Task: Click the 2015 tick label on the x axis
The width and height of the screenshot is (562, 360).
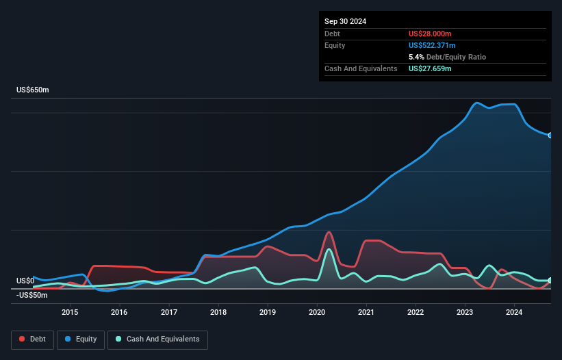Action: coord(69,313)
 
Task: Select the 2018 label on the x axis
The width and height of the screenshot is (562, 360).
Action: coord(218,313)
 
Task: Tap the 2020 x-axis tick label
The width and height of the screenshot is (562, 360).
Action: coord(317,313)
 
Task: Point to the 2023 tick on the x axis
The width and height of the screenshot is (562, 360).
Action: coord(465,313)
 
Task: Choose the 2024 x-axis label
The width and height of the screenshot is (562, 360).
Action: coord(514,313)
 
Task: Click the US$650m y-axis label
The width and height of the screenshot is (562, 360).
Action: coord(32,90)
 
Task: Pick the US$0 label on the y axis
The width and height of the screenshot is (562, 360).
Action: coord(25,281)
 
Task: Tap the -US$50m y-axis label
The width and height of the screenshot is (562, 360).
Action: coord(32,295)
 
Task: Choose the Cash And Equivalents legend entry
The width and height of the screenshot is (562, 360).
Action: coord(157,339)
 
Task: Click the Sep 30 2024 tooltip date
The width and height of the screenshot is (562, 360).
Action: coord(346,21)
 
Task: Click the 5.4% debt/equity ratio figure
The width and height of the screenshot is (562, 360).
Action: coord(417,57)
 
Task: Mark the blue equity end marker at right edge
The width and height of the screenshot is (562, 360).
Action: coord(550,136)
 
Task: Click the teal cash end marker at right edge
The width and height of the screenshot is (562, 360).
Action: coord(550,281)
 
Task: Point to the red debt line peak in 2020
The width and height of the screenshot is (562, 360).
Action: coord(329,232)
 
